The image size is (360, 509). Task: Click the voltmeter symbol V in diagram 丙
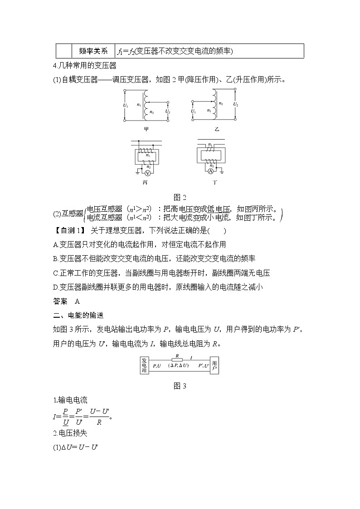tap(147, 173)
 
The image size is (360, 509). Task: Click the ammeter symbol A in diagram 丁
tap(210, 172)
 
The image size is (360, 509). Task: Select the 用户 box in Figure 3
tap(214, 365)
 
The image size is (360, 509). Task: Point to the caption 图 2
tap(180, 197)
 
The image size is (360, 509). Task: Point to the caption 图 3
tap(180, 386)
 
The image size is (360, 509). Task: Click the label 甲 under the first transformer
tap(146, 129)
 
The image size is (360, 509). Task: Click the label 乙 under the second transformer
tap(216, 129)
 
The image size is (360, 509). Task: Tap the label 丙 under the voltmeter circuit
tap(145, 184)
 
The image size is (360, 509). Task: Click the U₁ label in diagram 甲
tap(126, 106)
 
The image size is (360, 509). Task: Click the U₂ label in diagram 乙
tap(235, 104)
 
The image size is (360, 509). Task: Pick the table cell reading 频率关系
tap(93, 51)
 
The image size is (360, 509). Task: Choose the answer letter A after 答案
tap(77, 301)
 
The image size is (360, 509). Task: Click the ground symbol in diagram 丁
tap(222, 172)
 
